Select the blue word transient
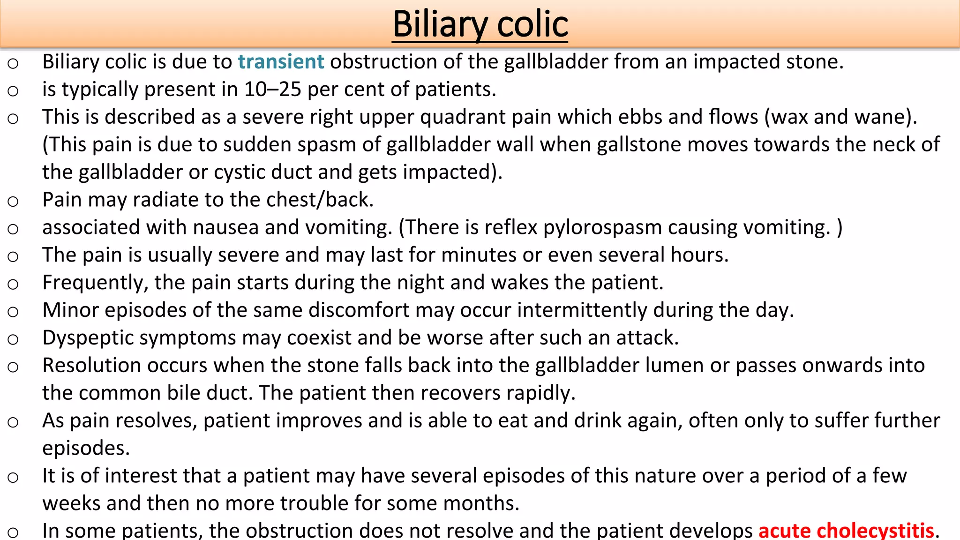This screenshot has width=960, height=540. coord(281,62)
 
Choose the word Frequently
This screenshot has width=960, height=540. coord(95,283)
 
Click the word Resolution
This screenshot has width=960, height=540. coord(92,366)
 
